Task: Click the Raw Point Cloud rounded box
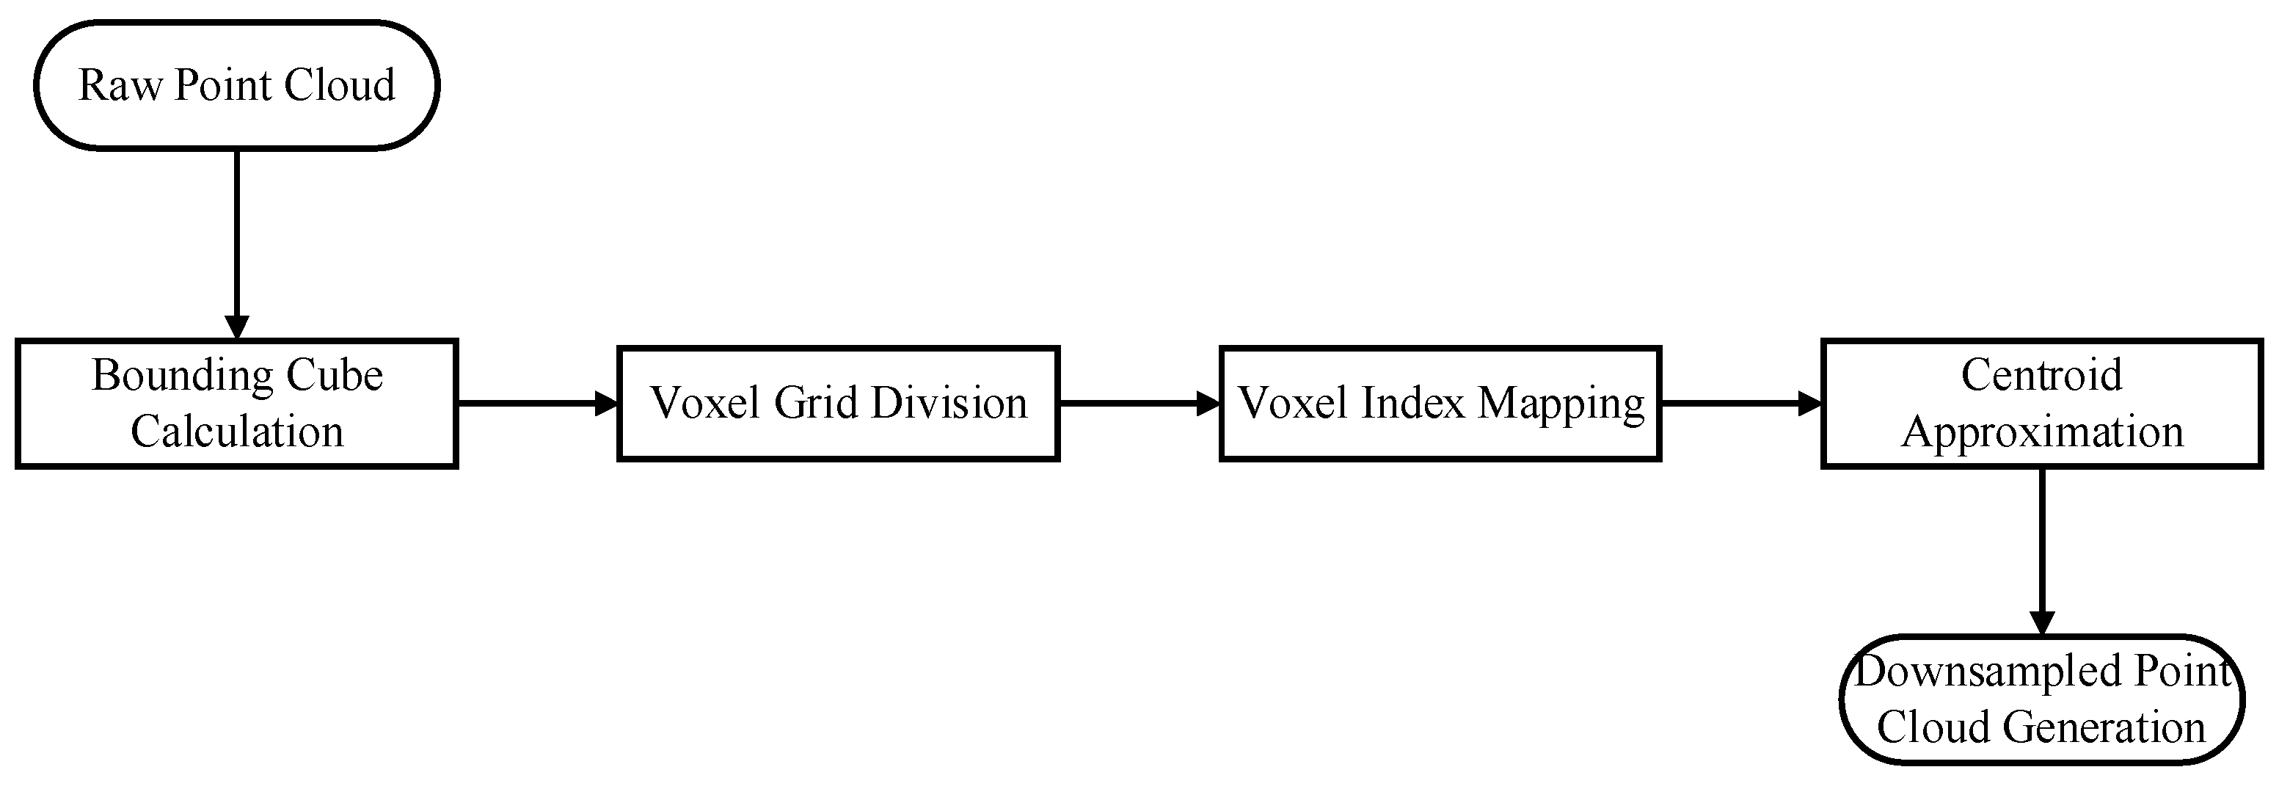pos(236,86)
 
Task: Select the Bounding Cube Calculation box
pos(236,404)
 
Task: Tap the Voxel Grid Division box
pos(838,404)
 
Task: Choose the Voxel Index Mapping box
pos(1440,404)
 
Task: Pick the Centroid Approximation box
pos(2041,404)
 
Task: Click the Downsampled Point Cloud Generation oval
pos(2041,699)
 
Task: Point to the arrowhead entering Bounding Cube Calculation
pos(236,327)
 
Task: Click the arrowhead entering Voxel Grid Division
pos(607,404)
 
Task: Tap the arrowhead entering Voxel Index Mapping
pos(1208,404)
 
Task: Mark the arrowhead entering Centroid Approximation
pos(1810,404)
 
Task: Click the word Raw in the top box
pos(120,86)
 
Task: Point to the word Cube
pos(340,376)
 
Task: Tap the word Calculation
pos(236,432)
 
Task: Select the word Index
pos(1414,404)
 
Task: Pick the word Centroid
pos(2041,376)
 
